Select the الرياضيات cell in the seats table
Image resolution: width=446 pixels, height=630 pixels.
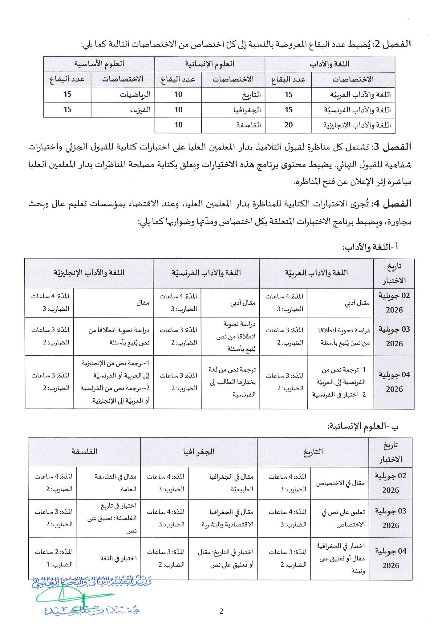coord(135,94)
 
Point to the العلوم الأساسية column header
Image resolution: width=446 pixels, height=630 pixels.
coord(99,64)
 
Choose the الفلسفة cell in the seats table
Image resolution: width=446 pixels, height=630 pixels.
coord(249,125)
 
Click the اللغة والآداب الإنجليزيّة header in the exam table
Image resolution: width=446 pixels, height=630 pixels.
coord(89,273)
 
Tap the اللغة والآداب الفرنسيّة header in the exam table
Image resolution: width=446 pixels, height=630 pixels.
coord(206,273)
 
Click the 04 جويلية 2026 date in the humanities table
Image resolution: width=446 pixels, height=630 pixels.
coord(391,558)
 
